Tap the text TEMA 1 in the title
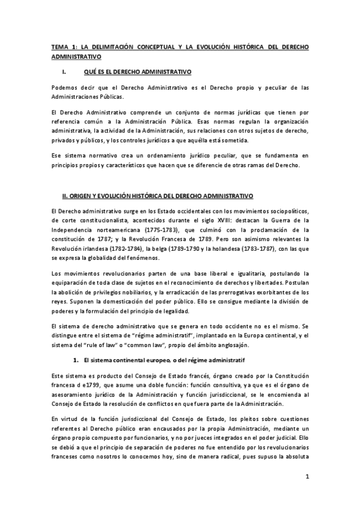[61, 46]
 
